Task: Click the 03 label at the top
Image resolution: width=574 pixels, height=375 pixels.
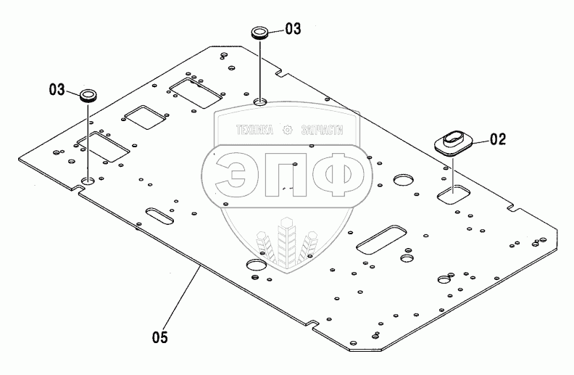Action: [x=292, y=29]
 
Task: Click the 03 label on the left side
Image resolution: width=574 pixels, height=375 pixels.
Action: [x=57, y=90]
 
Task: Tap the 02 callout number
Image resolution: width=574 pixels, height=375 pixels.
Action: [x=497, y=139]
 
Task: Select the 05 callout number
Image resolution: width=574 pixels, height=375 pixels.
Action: [x=161, y=336]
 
